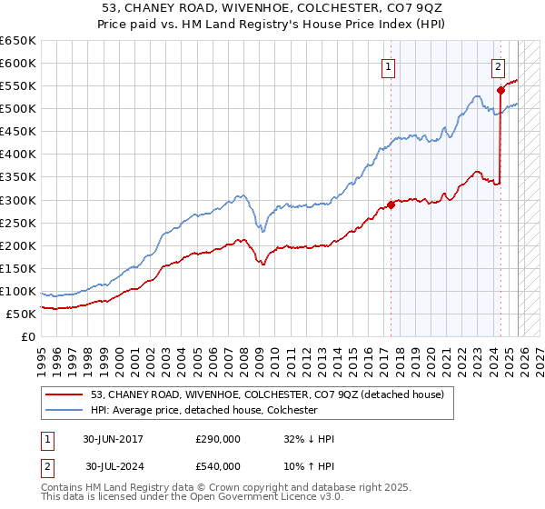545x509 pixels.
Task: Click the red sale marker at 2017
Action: click(391, 205)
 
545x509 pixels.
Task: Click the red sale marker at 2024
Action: click(500, 90)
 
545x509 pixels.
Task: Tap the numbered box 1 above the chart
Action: click(389, 65)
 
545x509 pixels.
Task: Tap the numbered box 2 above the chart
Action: click(499, 65)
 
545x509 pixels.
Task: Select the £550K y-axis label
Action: click(18, 86)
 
